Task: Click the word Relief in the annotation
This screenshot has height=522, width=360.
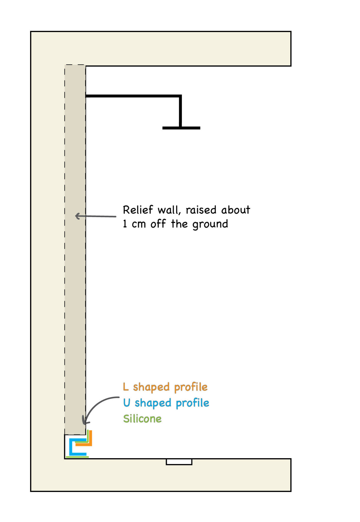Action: pyautogui.click(x=138, y=210)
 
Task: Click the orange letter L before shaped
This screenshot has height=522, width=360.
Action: pyautogui.click(x=126, y=387)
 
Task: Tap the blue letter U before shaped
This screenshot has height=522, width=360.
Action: pyautogui.click(x=127, y=403)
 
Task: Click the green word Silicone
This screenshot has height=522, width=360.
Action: pyautogui.click(x=142, y=419)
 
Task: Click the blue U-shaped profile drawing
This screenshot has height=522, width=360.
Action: pyautogui.click(x=71, y=447)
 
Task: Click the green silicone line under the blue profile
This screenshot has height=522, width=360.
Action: pyautogui.click(x=77, y=457)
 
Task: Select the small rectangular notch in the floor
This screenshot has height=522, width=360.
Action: pyautogui.click(x=179, y=462)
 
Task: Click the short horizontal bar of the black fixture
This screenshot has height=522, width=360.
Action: pyautogui.click(x=181, y=128)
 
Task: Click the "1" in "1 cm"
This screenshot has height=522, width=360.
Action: pyautogui.click(x=125, y=224)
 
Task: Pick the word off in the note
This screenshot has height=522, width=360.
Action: pyautogui.click(x=158, y=224)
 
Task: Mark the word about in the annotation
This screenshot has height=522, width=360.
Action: pyautogui.click(x=236, y=210)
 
